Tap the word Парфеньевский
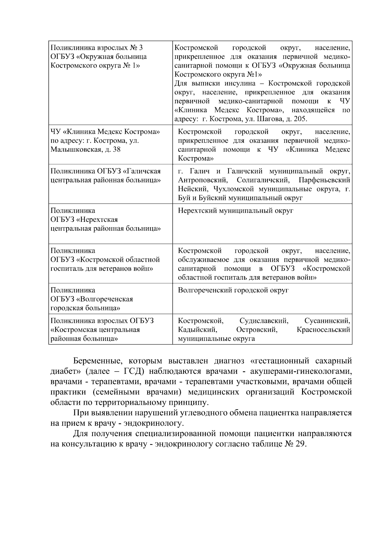[324, 180]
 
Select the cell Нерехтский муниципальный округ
[236, 211]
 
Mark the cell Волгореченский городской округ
[233, 290]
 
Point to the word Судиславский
[264, 321]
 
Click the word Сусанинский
[327, 321]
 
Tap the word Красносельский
[323, 330]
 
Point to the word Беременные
[97, 361]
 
